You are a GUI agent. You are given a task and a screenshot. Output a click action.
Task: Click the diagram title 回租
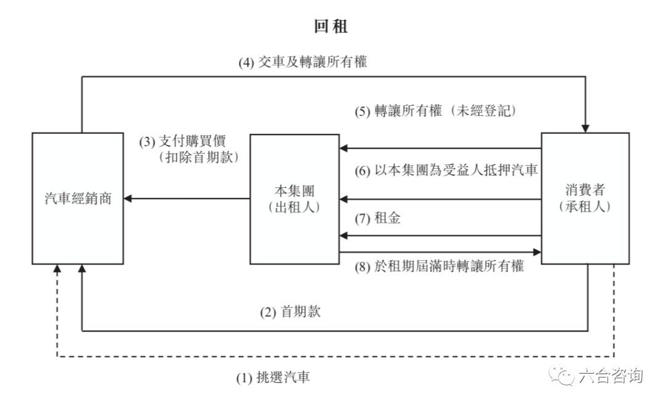pyautogui.click(x=332, y=28)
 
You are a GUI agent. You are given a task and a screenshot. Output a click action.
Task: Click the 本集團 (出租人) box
pyautogui.click(x=293, y=198)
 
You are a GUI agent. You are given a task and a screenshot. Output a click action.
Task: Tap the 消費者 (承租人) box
pyautogui.click(x=586, y=198)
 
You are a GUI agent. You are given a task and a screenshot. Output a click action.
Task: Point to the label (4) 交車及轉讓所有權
pyautogui.click(x=303, y=63)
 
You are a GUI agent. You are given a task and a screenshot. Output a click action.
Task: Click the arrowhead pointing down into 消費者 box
pyautogui.click(x=586, y=128)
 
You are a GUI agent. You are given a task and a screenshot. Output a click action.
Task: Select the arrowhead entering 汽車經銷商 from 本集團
pyautogui.click(x=127, y=198)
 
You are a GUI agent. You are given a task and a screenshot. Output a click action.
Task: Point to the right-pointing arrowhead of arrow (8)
pyautogui.click(x=538, y=252)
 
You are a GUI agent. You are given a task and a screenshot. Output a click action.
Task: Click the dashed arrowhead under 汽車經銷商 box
pyautogui.click(x=57, y=268)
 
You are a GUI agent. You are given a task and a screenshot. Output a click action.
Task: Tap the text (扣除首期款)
pyautogui.click(x=199, y=157)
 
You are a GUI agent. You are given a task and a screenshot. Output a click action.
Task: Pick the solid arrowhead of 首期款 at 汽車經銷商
pyautogui.click(x=81, y=268)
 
